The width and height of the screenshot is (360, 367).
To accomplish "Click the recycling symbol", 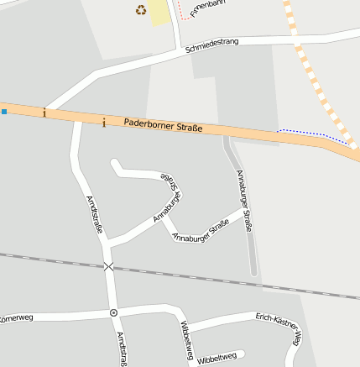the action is pyautogui.click(x=140, y=10).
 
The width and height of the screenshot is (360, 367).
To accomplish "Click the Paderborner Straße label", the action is pyautogui.click(x=163, y=126).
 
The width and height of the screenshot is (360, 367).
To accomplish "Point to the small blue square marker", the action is pyautogui.click(x=3, y=111).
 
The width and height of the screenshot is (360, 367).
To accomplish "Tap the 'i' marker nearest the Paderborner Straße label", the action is pyautogui.click(x=103, y=123).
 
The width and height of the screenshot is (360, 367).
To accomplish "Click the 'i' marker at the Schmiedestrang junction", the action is pyautogui.click(x=44, y=113).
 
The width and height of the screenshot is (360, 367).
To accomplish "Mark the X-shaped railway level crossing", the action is pyautogui.click(x=108, y=266).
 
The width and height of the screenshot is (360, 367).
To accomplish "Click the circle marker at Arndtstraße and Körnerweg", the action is pyautogui.click(x=113, y=312).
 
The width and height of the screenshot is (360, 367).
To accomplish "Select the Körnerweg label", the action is pyautogui.click(x=16, y=318).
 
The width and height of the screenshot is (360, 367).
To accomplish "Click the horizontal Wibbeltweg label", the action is pyautogui.click(x=217, y=357).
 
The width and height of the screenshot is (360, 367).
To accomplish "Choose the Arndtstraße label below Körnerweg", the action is pyautogui.click(x=122, y=349).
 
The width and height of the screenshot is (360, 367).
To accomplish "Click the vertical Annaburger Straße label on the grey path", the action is pyautogui.click(x=244, y=201).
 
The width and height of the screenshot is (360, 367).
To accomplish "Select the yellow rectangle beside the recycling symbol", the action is pyautogui.click(x=159, y=12).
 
